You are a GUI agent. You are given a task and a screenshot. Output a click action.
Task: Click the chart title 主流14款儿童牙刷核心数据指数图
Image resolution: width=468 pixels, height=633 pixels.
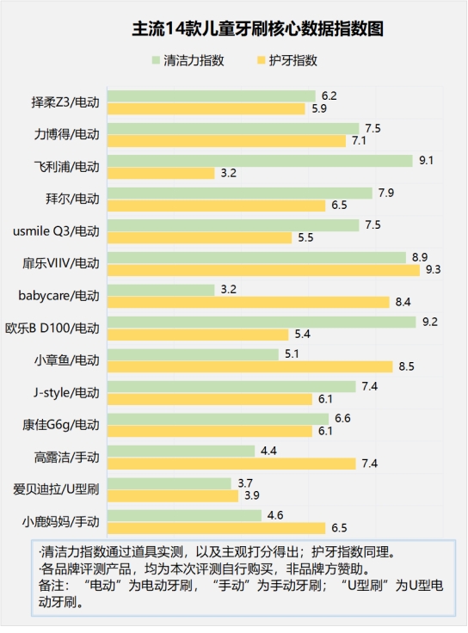[x=234, y=29]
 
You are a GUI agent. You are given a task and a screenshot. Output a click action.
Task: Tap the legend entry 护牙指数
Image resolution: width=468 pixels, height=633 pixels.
[x=292, y=60]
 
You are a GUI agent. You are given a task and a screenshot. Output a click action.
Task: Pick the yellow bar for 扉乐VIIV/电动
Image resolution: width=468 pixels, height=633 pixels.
[x=263, y=270]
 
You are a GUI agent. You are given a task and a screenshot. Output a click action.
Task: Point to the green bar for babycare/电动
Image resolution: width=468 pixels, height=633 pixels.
[x=161, y=290]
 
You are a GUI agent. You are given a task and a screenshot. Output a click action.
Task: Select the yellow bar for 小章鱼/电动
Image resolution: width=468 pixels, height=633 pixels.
[x=249, y=366]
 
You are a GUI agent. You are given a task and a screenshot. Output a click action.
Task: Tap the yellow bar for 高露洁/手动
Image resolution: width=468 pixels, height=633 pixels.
[x=231, y=464]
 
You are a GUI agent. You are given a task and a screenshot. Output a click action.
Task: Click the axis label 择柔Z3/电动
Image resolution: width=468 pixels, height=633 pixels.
[x=66, y=102]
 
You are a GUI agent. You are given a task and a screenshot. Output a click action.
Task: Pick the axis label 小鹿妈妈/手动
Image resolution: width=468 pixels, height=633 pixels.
[x=62, y=521]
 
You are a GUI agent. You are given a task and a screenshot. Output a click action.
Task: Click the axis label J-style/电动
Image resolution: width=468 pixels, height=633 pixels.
[x=65, y=393]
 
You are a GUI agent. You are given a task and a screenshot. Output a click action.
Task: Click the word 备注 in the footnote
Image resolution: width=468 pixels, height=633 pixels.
[x=55, y=585]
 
